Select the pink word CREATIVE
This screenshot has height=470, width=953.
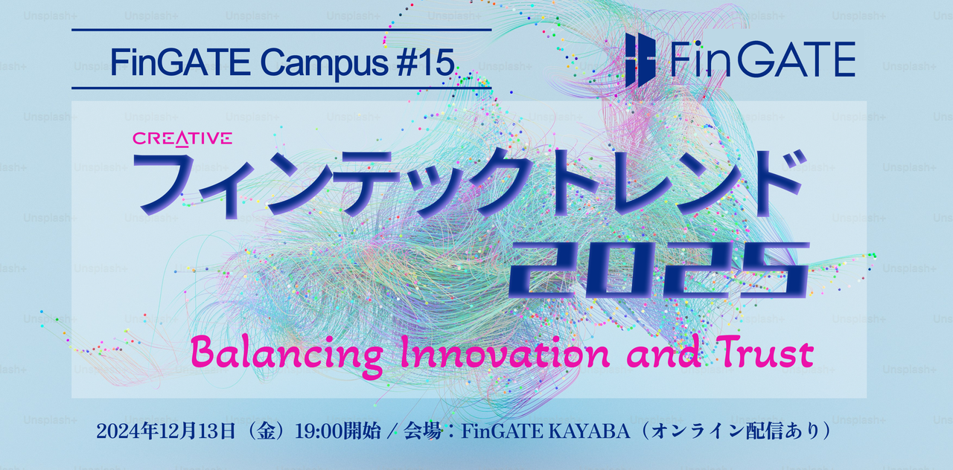tap(182, 138)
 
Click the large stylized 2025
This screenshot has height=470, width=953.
tap(659, 268)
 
